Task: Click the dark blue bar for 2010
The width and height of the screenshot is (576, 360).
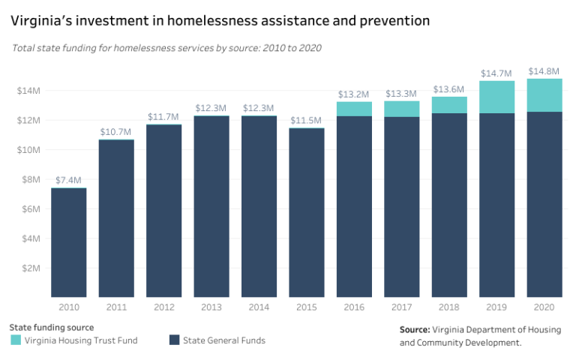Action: click(x=68, y=242)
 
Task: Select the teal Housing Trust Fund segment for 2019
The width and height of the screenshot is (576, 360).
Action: click(x=496, y=97)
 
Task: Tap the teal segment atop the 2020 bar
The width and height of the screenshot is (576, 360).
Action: click(x=544, y=95)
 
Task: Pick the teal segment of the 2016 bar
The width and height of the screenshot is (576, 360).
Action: click(x=354, y=109)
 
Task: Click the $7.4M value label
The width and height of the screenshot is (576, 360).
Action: click(x=68, y=180)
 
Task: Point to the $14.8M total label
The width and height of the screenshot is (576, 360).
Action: click(x=544, y=71)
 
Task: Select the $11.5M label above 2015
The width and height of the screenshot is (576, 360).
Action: click(x=306, y=120)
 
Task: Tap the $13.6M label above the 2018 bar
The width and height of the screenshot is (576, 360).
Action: click(x=449, y=89)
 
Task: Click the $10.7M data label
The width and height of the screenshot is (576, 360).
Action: click(x=115, y=132)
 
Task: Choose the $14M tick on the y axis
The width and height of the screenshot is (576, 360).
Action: click(x=28, y=91)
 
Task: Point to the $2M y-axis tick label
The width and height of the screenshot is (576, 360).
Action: click(x=31, y=268)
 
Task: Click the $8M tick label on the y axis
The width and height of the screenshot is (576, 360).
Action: click(x=31, y=179)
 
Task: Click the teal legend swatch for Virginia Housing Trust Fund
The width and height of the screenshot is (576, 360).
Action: click(x=16, y=340)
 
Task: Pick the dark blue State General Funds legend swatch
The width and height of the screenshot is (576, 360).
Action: click(x=174, y=340)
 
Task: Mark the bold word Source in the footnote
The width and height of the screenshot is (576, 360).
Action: click(x=414, y=329)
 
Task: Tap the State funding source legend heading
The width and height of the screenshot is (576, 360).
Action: click(x=51, y=327)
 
